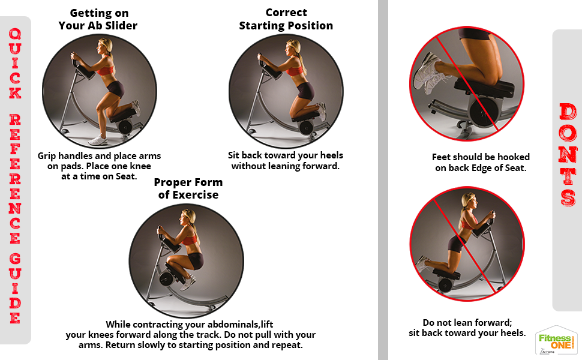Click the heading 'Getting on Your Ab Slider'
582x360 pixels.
click(98, 19)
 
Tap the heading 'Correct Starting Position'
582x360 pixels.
click(286, 19)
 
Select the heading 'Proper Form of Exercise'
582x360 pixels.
click(188, 188)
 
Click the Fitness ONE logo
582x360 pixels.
click(556, 341)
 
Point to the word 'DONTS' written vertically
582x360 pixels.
click(568, 155)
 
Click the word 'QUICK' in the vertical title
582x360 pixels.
click(15, 63)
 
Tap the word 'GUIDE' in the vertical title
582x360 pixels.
click(15, 289)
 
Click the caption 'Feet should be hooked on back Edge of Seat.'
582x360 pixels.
click(481, 162)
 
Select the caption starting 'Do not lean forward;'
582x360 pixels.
click(467, 328)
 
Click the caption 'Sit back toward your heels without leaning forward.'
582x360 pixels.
click(286, 160)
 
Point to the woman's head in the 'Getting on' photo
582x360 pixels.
click(104, 47)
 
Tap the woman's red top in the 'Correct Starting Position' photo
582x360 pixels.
click(295, 71)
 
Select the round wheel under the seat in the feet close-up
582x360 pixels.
click(484, 112)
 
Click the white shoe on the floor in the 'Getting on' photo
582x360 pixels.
click(98, 140)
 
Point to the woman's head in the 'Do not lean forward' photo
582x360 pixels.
click(469, 202)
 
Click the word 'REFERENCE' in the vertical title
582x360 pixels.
click(15, 179)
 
